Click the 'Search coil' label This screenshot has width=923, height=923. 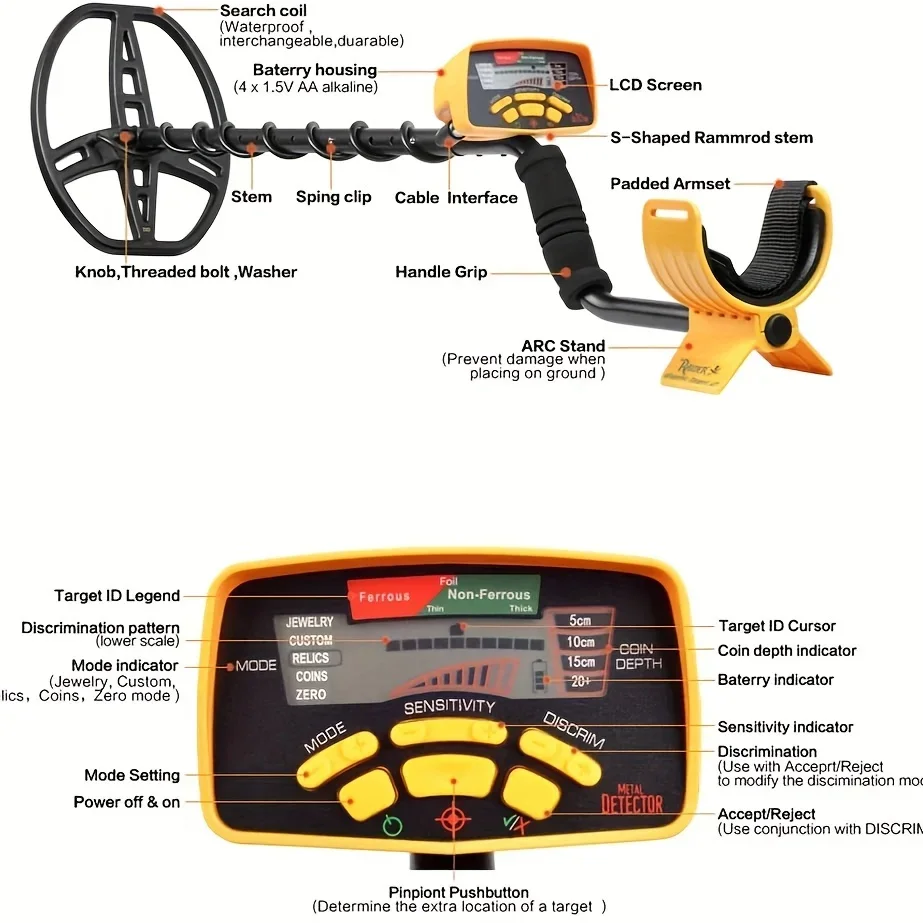tap(263, 11)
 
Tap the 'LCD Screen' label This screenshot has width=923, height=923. tap(655, 85)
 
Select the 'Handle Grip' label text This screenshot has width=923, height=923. tap(441, 272)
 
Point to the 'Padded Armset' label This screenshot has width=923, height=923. tap(670, 184)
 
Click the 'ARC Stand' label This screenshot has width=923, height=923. tap(563, 346)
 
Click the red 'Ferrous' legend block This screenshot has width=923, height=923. tap(384, 597)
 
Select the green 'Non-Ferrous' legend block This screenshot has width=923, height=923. tap(489, 595)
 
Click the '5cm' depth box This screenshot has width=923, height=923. tap(580, 620)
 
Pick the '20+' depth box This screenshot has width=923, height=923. tap(581, 682)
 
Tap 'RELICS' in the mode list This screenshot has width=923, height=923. tap(311, 658)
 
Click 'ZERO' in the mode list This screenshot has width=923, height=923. tap(311, 695)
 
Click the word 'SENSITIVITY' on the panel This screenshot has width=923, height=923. tap(449, 707)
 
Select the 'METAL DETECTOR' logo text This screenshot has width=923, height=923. tap(632, 799)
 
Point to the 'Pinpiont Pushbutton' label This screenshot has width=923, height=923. tap(458, 892)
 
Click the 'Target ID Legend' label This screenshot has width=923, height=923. tap(117, 596)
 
